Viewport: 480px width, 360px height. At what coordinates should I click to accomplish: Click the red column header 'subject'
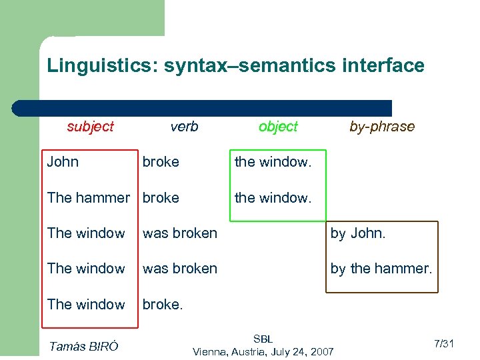point(90,127)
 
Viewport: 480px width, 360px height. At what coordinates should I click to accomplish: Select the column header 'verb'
point(184,127)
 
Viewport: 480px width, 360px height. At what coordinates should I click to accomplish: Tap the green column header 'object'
point(278,127)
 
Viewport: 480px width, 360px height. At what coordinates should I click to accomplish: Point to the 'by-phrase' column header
point(382,127)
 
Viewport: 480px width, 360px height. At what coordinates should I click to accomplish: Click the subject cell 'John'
point(63,162)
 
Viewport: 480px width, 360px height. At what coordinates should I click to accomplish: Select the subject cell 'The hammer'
point(88,198)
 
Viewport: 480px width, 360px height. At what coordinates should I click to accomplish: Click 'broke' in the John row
point(161,162)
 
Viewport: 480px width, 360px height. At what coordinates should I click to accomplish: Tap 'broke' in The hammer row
point(161,198)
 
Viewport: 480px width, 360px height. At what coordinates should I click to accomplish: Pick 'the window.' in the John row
point(273,162)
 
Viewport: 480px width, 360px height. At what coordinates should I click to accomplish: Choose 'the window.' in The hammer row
point(273,198)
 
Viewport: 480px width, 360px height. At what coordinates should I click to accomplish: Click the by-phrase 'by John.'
point(358,233)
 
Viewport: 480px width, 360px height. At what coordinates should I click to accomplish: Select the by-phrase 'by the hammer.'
point(381,269)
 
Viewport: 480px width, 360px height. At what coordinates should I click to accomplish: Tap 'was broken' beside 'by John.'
point(180,233)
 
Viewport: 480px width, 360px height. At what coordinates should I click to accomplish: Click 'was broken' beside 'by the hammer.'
point(180,269)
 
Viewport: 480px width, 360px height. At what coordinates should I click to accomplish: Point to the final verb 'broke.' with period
point(162,305)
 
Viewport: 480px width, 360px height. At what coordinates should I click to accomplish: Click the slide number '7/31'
point(443,344)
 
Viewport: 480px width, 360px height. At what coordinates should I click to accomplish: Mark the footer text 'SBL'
point(263,339)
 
